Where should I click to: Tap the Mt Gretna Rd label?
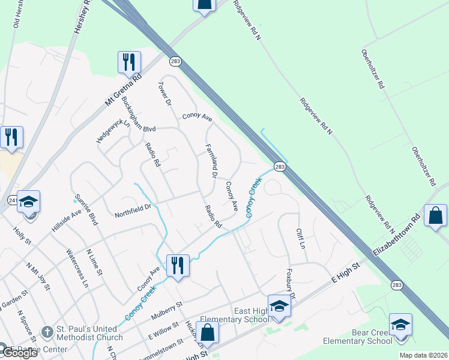pos(123,89)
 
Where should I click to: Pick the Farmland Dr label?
pos(210,160)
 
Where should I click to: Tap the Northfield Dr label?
pos(134,211)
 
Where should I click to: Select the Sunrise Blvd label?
pos(86,209)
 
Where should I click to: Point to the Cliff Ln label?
pos(301,239)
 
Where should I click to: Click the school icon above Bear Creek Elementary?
pos(400,324)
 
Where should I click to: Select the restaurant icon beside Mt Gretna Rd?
pos(129,61)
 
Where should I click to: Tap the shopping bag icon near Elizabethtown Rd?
pos(435,215)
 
